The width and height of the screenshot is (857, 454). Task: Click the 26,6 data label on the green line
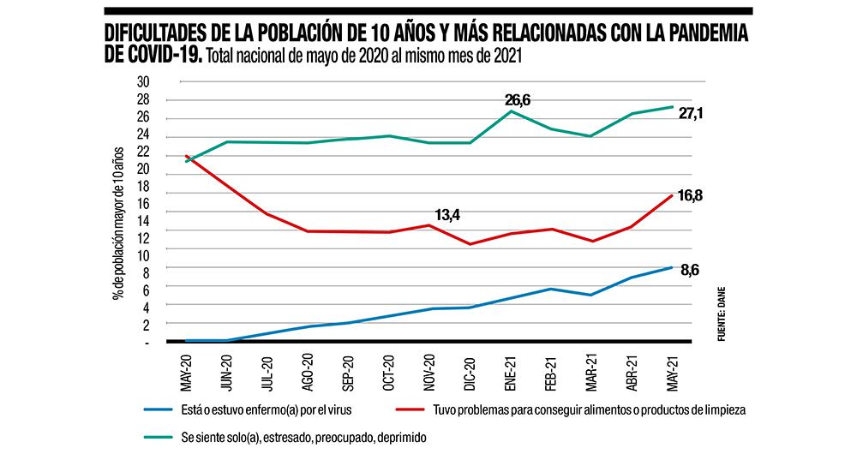pos(517,100)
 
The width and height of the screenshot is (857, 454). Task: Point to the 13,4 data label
pos(446,214)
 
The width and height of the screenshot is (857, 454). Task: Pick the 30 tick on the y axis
pos(143,82)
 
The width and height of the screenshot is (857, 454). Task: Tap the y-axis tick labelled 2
pos(147,325)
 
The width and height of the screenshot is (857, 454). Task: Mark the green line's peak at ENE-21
pos(512,111)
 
